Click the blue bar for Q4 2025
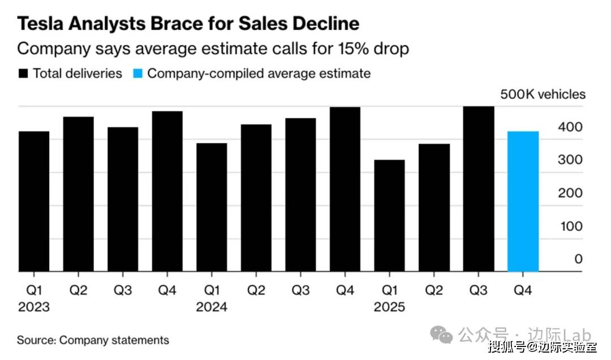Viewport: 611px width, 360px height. [523, 202]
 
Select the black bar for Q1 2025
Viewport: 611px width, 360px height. [389, 216]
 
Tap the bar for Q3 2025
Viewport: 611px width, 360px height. [479, 189]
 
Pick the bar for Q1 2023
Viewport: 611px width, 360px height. [34, 202]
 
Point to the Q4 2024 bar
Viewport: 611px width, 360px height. [345, 190]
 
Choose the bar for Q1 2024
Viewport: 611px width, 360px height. [212, 207]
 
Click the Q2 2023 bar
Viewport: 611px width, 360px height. [78, 194]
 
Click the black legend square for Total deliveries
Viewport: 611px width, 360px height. [23, 74]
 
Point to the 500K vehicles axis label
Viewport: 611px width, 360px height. [543, 95]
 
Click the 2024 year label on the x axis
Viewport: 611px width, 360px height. [212, 307]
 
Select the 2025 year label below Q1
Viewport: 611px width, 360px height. [389, 307]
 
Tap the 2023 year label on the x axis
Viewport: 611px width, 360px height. [34, 307]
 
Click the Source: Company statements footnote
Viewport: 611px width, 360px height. [93, 340]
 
